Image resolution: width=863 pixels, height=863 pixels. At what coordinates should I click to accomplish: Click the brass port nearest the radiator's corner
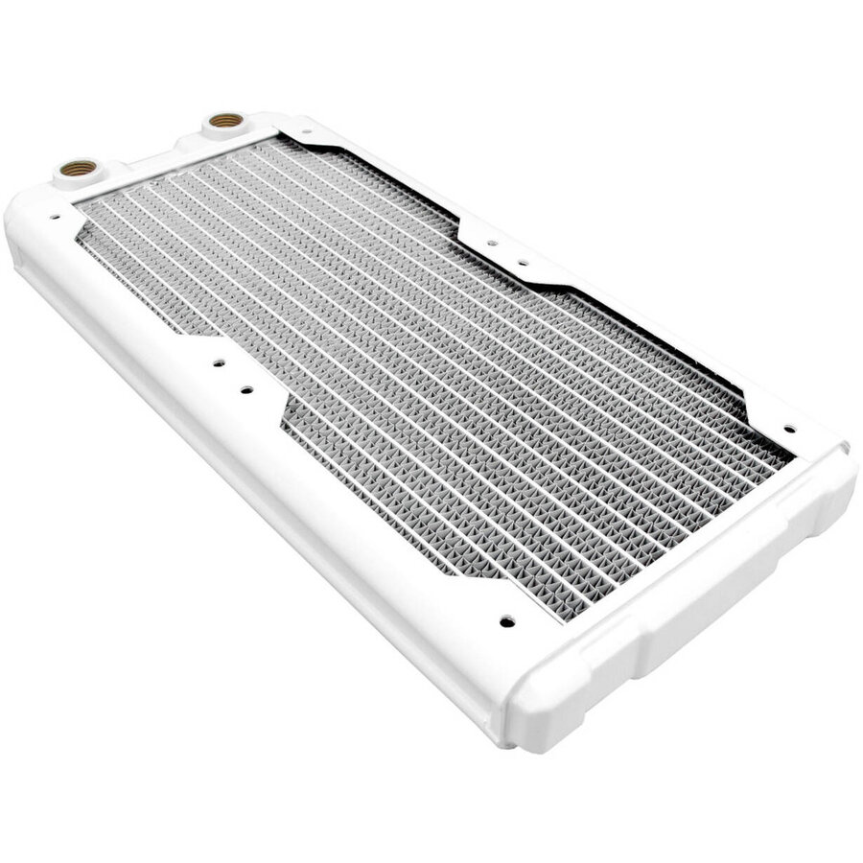[x=73, y=168]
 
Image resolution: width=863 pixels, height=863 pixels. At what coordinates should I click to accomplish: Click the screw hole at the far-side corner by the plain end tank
[x=788, y=430]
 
